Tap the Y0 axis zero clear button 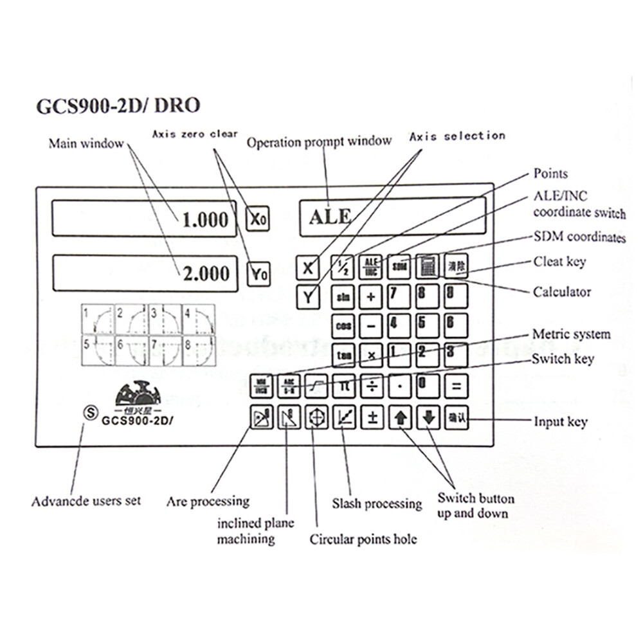(x=258, y=275)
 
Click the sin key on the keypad (x=343, y=297)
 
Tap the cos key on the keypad (x=343, y=325)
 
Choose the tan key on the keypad (x=343, y=354)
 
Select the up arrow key (x=401, y=419)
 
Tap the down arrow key (x=429, y=419)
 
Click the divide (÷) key (x=372, y=386)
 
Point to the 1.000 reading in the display (x=205, y=221)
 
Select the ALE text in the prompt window (x=331, y=217)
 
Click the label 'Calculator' (x=561, y=292)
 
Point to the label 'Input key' (x=561, y=422)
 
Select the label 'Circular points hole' (x=363, y=539)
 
